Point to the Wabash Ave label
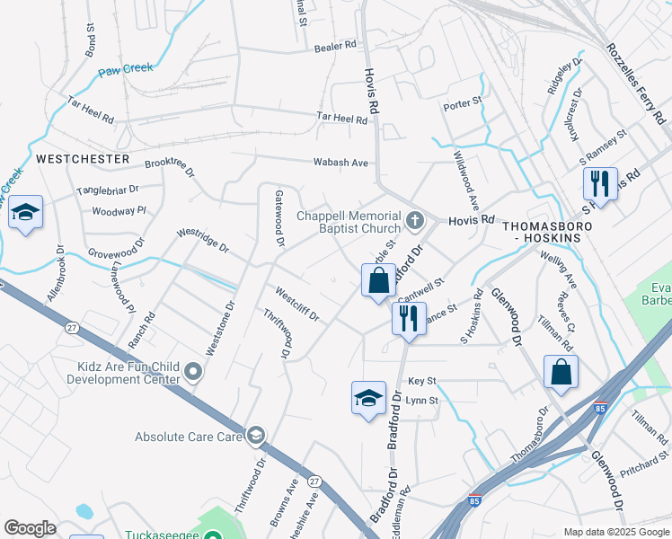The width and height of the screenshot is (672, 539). point(340,163)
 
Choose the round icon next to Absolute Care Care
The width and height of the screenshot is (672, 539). point(256,437)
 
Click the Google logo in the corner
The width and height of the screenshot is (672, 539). point(30,527)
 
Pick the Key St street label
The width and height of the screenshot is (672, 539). point(421,382)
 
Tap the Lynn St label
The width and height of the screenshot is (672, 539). point(421,401)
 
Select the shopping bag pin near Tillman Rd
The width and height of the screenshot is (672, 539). point(561,372)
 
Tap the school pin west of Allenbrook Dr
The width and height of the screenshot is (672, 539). point(25,214)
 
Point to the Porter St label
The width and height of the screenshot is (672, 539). point(463,106)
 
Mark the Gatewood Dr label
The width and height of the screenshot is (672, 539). point(279,218)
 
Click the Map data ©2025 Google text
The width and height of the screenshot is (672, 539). point(616,531)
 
